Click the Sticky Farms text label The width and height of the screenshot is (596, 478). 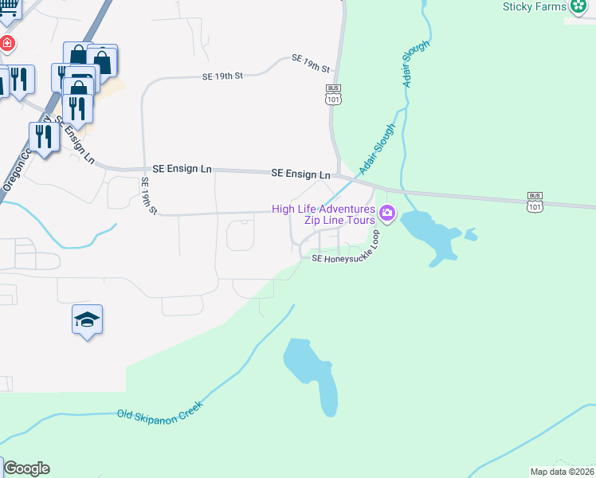(534, 7)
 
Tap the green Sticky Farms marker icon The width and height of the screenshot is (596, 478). (579, 7)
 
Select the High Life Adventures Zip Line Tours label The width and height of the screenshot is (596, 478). (323, 214)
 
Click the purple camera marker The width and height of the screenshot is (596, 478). (388, 213)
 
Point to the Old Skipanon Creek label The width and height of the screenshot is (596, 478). (160, 410)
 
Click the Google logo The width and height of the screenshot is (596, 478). (26, 468)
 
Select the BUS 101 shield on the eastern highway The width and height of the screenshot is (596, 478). (535, 202)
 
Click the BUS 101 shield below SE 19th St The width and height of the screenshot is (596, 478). (332, 94)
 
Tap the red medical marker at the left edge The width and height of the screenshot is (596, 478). (6, 42)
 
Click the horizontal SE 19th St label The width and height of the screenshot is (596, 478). (222, 76)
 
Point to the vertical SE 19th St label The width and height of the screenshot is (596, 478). (148, 195)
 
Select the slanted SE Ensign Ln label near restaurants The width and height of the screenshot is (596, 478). (76, 143)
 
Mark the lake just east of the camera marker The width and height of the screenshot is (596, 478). (430, 235)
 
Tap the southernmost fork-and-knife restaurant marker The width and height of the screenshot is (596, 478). (44, 137)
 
